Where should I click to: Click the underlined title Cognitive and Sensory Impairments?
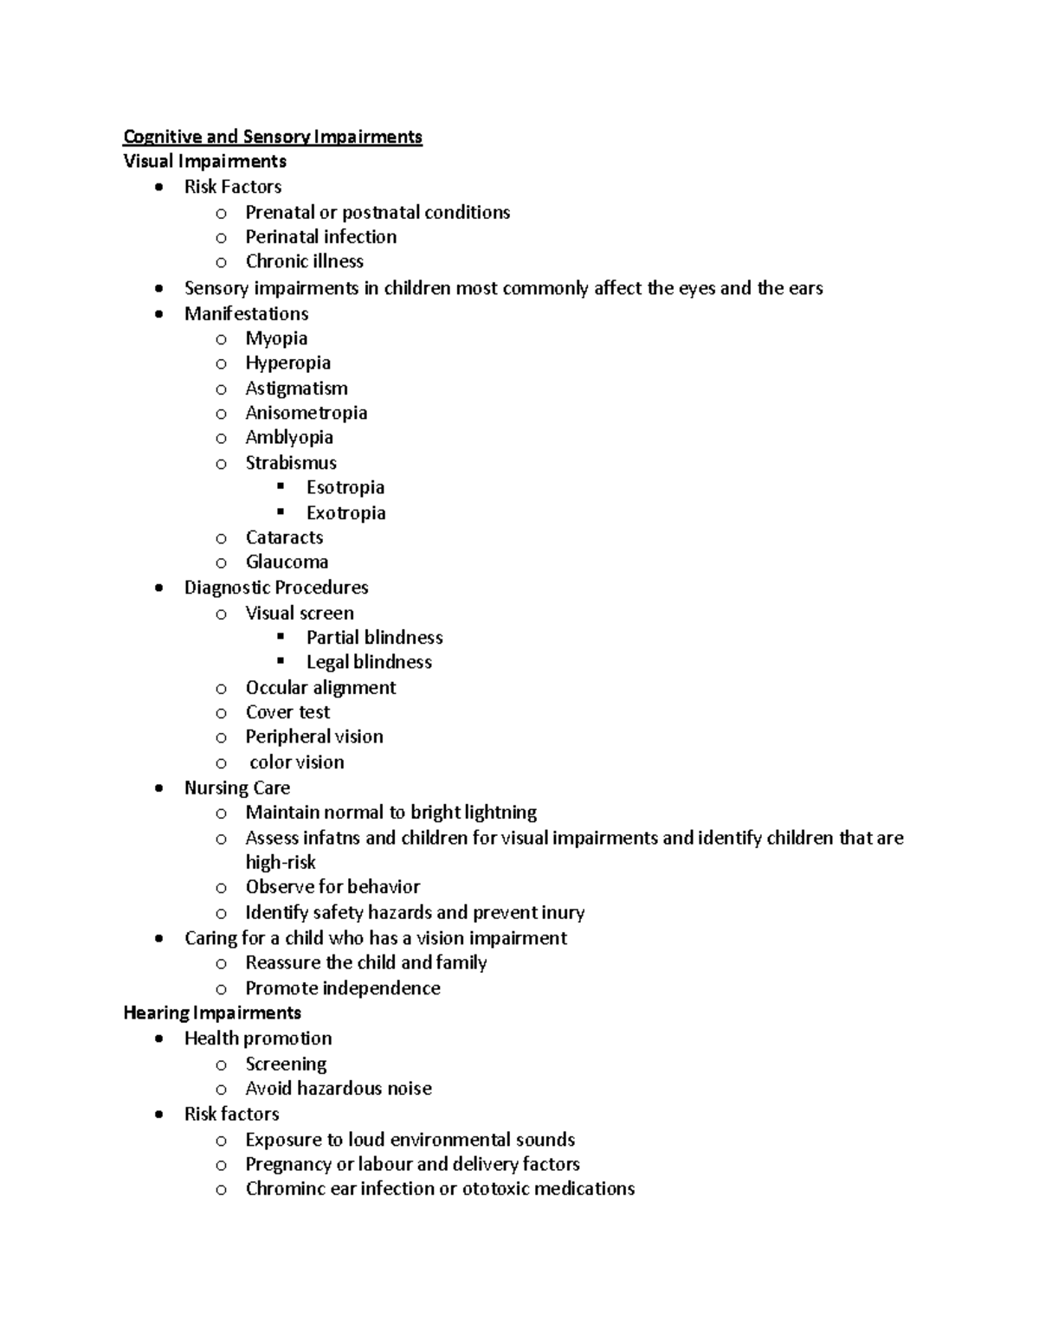click(273, 137)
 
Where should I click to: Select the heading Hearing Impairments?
click(212, 1013)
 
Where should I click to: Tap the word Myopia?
click(276, 338)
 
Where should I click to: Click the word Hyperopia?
click(287, 363)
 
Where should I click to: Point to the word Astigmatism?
click(296, 389)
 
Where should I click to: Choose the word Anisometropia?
click(306, 413)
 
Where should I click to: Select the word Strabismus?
click(291, 463)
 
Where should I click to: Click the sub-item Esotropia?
click(345, 487)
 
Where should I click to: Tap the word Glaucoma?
click(287, 562)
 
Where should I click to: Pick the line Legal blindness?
click(369, 662)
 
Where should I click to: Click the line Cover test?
click(287, 712)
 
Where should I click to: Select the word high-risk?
click(281, 862)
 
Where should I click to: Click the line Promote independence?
click(343, 988)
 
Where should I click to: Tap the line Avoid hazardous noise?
click(339, 1089)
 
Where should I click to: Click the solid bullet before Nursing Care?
click(158, 788)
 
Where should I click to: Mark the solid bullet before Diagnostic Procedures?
click(158, 588)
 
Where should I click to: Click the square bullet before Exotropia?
click(281, 511)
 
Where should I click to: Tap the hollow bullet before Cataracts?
click(222, 538)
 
